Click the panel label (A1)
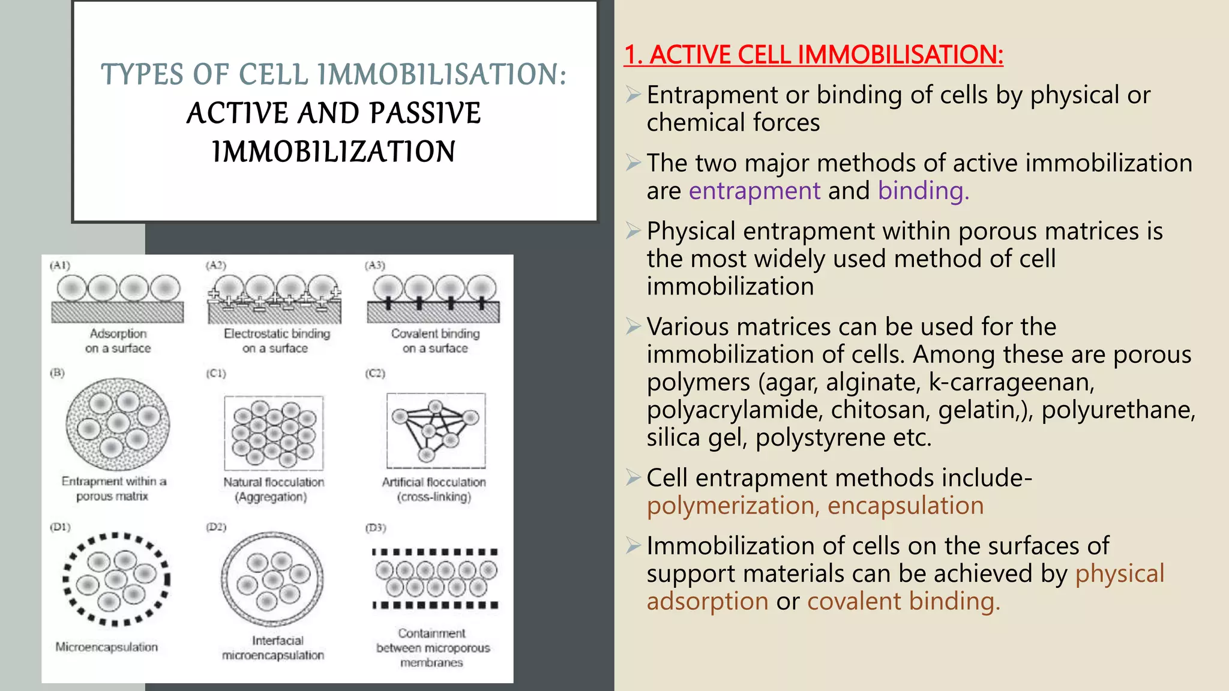coord(59,265)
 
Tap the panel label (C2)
coord(375,373)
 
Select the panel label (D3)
coord(376,528)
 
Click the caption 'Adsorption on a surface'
coord(118,341)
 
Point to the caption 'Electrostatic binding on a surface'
coord(277,341)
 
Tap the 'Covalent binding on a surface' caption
coord(435,341)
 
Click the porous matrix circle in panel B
coord(118,424)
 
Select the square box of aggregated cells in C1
coord(274,432)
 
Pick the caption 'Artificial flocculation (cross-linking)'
coord(434,489)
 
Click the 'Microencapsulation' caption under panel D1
coord(107,647)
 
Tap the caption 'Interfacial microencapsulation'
coord(274,648)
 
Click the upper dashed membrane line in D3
coord(435,552)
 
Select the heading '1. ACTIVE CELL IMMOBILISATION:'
coord(813,55)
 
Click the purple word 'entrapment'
coord(754,191)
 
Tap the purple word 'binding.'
coord(923,191)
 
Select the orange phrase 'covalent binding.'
coord(903,601)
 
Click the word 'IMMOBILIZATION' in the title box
coord(334,151)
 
